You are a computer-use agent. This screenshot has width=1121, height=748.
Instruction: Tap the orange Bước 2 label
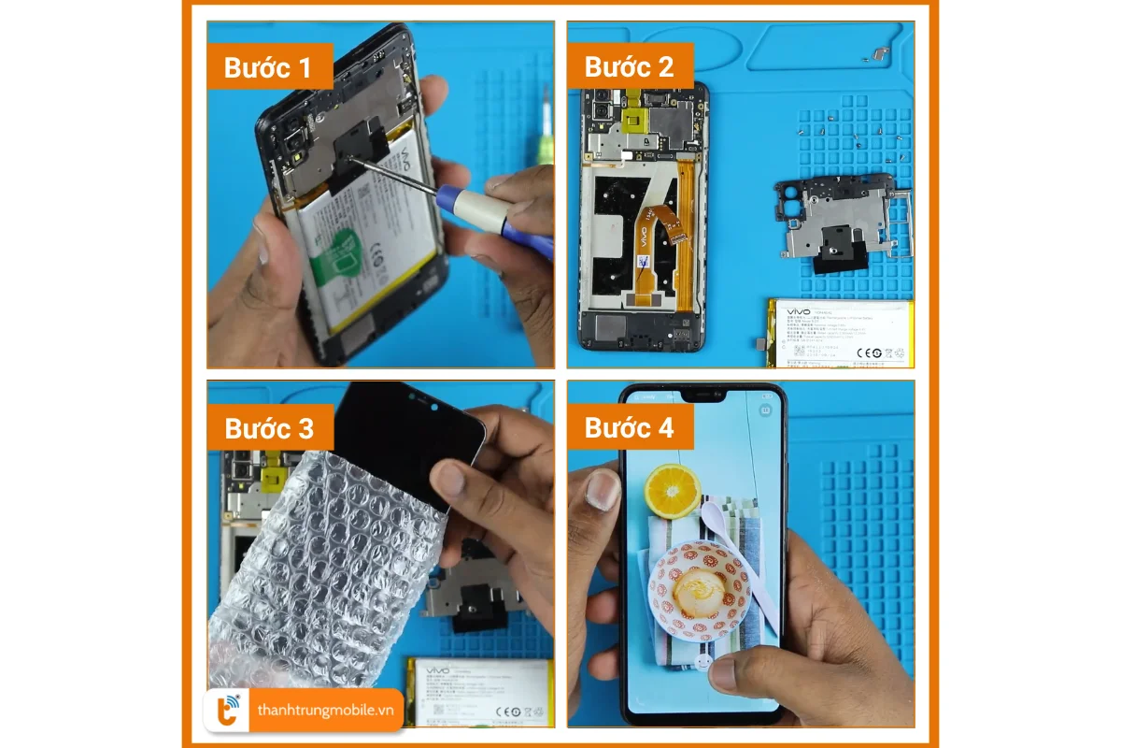(630, 67)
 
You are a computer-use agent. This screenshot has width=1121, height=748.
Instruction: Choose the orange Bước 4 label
(630, 428)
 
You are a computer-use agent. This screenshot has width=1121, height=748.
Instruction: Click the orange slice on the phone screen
(673, 491)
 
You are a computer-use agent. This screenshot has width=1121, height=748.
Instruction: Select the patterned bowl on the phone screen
(701, 589)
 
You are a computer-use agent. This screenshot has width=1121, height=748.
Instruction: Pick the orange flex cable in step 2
(654, 229)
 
